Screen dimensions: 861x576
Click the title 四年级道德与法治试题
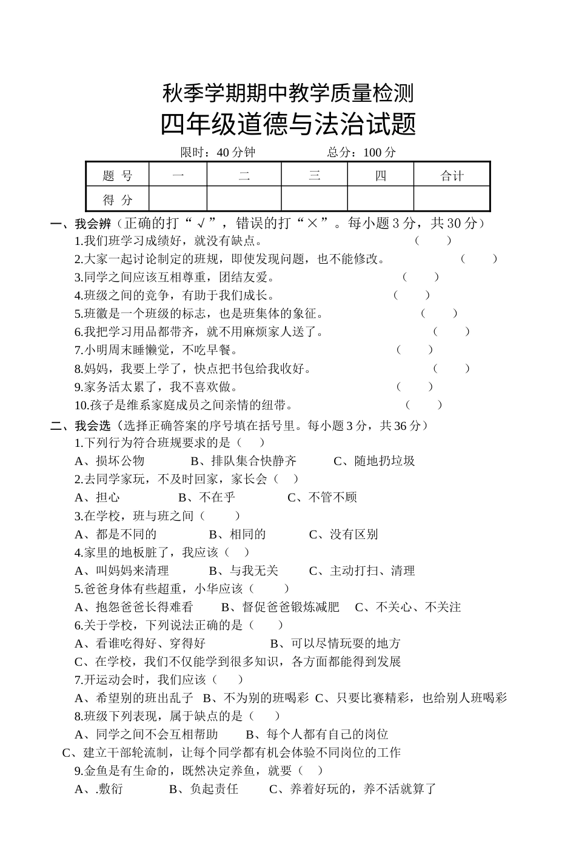point(288,125)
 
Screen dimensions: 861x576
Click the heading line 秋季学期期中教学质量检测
point(288,93)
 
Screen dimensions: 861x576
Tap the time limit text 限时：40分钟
point(218,152)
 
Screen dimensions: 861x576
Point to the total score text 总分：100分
point(361,152)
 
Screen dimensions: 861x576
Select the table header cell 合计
point(452,176)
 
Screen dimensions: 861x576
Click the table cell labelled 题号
point(117,176)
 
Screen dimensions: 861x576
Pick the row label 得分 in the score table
point(117,199)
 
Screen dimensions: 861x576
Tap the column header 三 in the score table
point(314,176)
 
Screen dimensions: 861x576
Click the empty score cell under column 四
point(380,199)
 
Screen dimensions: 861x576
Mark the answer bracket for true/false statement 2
point(478,259)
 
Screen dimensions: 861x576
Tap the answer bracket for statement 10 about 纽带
point(424,404)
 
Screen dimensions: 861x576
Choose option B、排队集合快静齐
point(243,461)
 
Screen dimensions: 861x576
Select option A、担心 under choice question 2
point(97,497)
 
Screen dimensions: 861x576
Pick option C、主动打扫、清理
point(361,570)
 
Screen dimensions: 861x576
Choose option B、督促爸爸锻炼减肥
point(280,606)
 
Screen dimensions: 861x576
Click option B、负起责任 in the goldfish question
point(204,788)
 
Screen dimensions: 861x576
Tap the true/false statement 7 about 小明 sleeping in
point(156,350)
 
